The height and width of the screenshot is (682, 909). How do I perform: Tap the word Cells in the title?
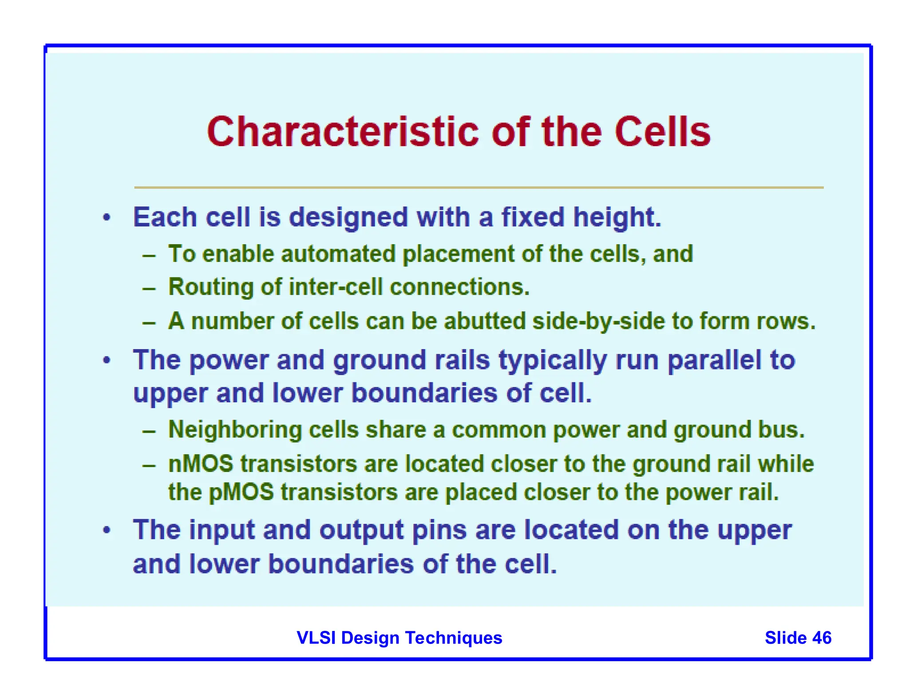point(662,132)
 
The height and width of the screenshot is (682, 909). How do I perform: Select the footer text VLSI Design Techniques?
point(399,638)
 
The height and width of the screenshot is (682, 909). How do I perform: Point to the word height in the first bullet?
point(616,218)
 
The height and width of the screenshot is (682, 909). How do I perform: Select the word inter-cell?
point(336,287)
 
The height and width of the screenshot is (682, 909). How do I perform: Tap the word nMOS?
point(201,464)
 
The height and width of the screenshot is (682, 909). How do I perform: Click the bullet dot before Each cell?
point(107,218)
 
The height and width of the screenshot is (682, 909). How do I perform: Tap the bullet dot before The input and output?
point(107,530)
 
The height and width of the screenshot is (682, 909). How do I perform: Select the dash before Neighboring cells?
point(149,431)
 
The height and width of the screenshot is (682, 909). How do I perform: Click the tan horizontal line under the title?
point(478,187)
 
